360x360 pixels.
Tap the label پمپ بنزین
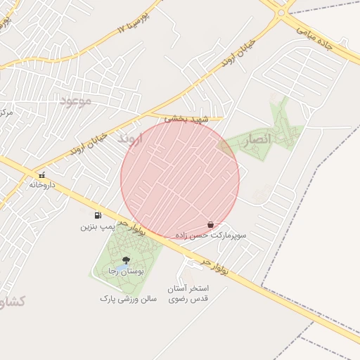click(x=96, y=227)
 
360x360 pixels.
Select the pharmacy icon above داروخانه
click(x=42, y=174)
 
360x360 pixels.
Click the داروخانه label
click(x=42, y=185)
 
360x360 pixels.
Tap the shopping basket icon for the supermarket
click(x=211, y=224)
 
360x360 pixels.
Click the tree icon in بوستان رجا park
click(x=126, y=260)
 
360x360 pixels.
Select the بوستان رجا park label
click(x=125, y=271)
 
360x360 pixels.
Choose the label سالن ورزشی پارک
click(x=127, y=299)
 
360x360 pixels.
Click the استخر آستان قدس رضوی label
click(x=188, y=294)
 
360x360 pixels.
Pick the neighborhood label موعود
click(x=76, y=101)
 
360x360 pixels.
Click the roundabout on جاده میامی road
click(x=281, y=11)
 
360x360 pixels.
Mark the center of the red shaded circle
click(x=180, y=179)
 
